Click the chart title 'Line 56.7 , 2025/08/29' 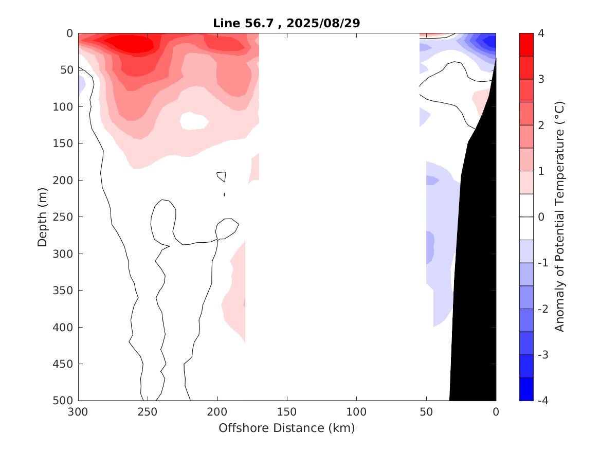tap(286, 23)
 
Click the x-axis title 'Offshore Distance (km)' tap(286, 428)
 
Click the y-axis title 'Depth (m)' tap(43, 217)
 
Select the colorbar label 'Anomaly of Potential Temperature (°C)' tap(560, 217)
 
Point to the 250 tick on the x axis tap(148, 412)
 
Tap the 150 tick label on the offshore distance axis tap(287, 412)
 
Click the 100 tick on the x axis tap(356, 412)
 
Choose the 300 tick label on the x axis tap(79, 412)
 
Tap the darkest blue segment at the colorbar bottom tap(526, 389)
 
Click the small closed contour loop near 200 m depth tap(222, 176)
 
